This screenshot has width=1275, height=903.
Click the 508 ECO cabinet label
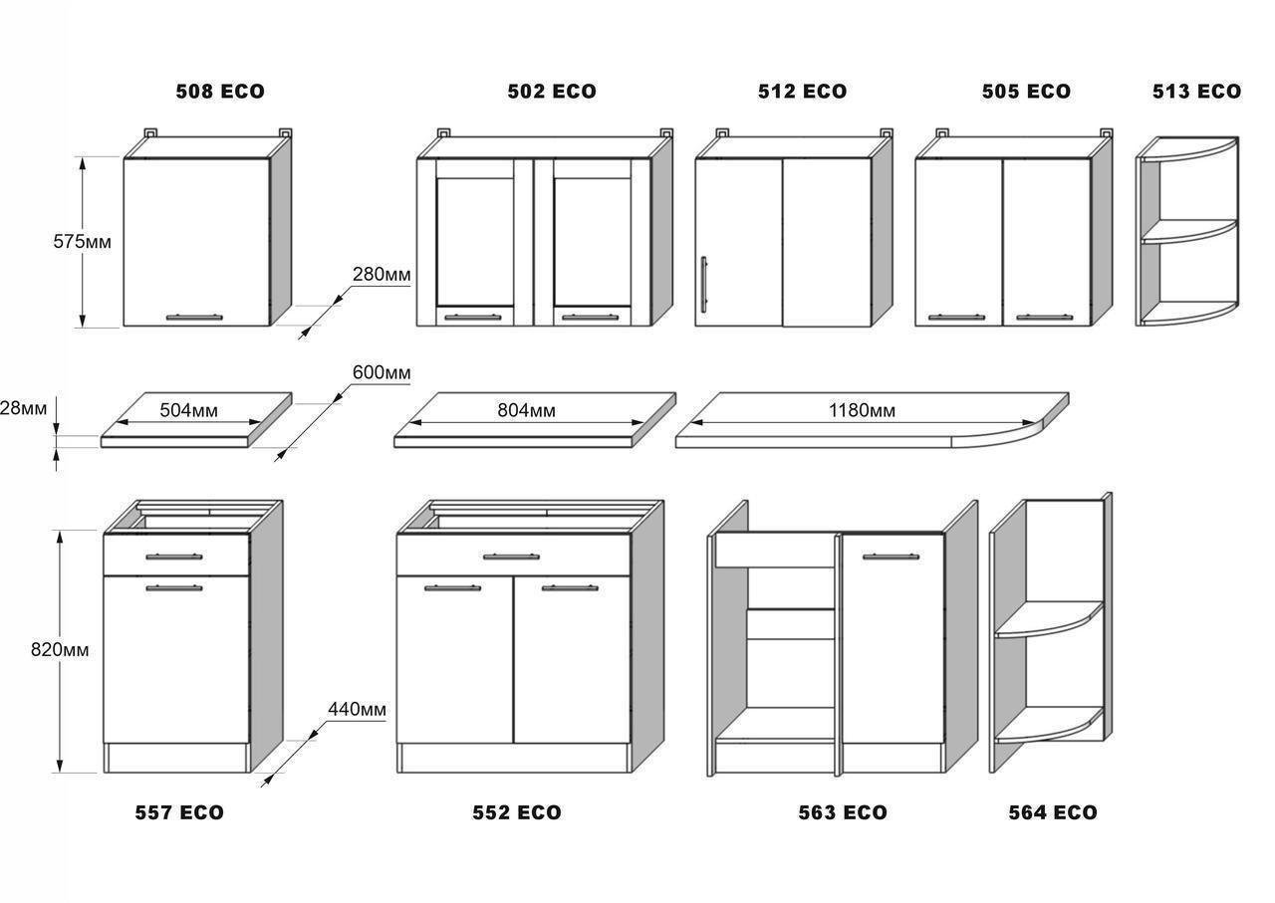(220, 92)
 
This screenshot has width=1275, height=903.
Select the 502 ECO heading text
(552, 92)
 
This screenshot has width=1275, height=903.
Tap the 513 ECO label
(1196, 92)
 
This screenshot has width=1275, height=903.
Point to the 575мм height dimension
(83, 241)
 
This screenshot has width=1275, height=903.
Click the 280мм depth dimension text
(382, 274)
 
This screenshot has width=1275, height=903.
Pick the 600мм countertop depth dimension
(382, 372)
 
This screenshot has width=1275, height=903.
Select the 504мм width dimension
(188, 410)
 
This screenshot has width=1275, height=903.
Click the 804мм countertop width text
(527, 410)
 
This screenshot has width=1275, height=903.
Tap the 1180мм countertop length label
(862, 410)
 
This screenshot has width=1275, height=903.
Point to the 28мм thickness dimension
(23, 408)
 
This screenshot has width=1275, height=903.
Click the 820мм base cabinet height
(60, 649)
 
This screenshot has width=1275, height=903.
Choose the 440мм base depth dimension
(357, 709)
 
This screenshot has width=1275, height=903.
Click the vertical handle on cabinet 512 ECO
(704, 284)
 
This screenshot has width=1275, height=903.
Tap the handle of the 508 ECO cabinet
(194, 317)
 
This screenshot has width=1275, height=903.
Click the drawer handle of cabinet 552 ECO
(511, 556)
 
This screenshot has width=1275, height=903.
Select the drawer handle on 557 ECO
(174, 556)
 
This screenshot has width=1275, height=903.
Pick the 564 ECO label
(1053, 812)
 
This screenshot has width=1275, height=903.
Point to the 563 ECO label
(843, 812)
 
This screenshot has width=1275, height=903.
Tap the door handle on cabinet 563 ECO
(891, 556)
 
